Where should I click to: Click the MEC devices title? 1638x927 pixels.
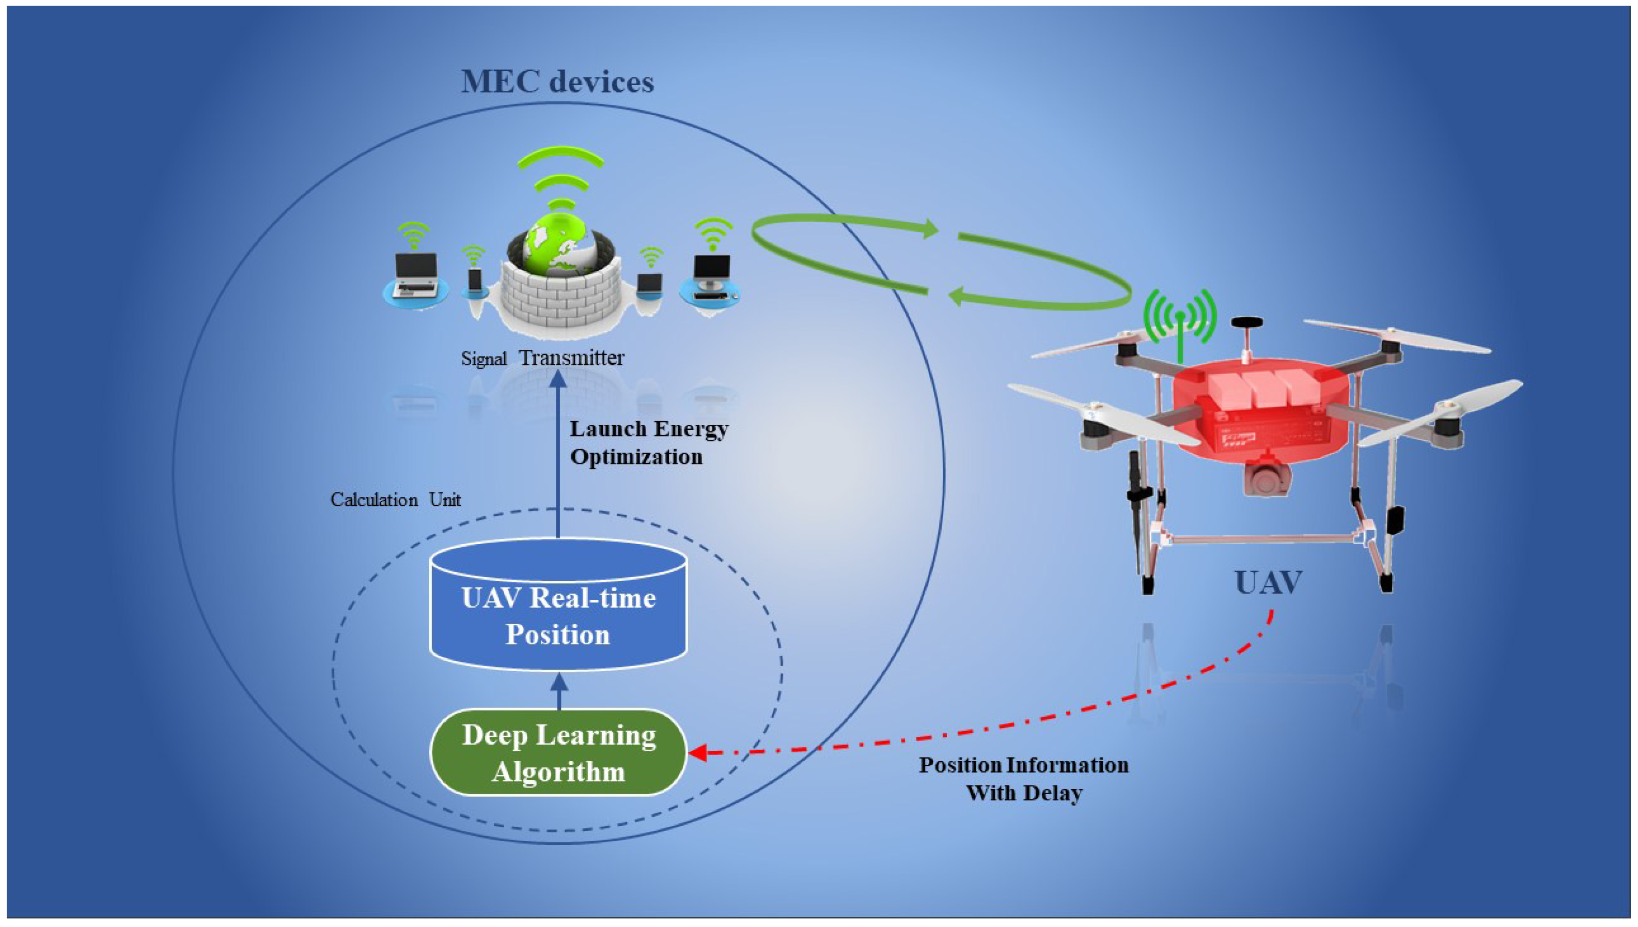pos(557,82)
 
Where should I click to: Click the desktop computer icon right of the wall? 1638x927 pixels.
pos(711,278)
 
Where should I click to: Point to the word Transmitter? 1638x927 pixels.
pos(571,358)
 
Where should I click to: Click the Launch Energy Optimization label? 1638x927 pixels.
pos(648,442)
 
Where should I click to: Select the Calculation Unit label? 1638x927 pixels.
pos(395,500)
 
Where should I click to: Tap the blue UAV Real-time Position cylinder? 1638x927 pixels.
pos(558,615)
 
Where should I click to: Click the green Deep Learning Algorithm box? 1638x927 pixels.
pos(558,752)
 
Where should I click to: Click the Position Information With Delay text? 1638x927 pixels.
pos(1023,779)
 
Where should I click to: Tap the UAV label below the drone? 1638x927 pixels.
pos(1268,582)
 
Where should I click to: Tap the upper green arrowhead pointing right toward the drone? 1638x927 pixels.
pos(930,229)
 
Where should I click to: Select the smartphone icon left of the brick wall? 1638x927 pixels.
pos(474,280)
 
